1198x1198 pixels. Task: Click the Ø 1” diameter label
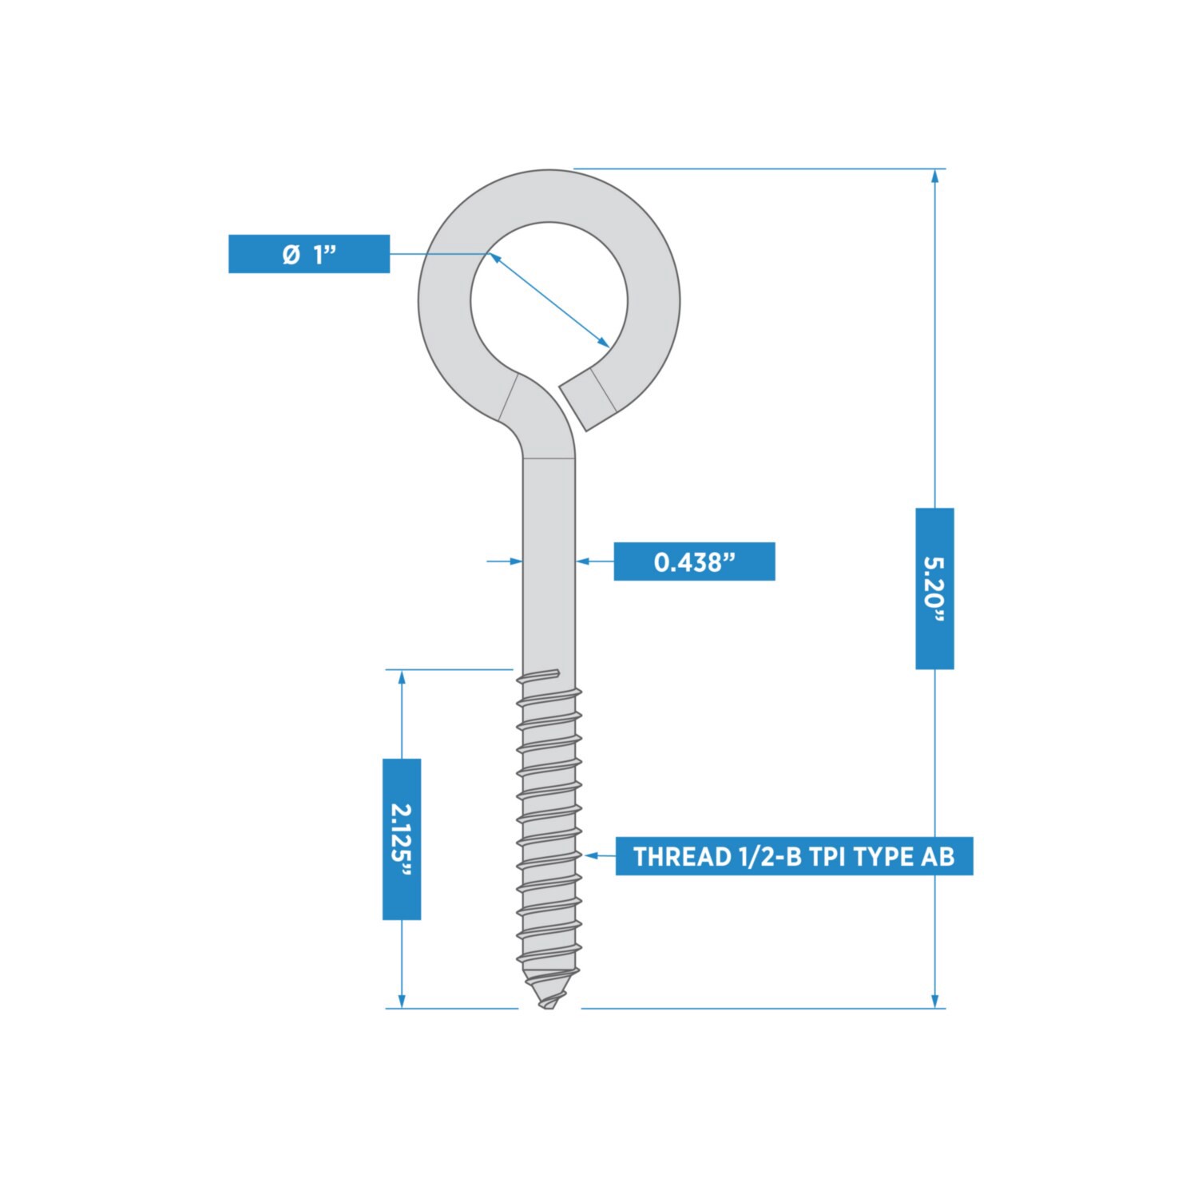pos(309,254)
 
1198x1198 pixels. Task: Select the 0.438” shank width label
pos(694,561)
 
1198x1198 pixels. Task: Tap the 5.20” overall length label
pos(934,588)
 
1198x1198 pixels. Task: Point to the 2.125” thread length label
pos(402,839)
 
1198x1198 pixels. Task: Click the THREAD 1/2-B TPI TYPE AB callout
pos(794,856)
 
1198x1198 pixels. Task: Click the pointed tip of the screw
pos(548,1004)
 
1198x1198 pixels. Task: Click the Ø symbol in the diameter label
pos(291,254)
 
